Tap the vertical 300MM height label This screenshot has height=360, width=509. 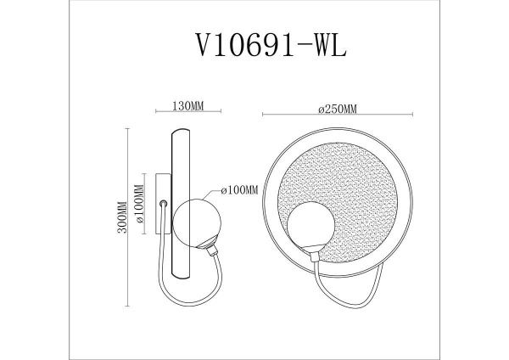tap(123, 218)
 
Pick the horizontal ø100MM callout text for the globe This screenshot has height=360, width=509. tap(238, 192)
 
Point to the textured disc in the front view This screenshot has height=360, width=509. tap(339, 191)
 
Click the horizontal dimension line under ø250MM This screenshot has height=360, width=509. tap(337, 115)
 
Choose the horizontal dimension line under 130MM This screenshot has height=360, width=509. tap(187, 115)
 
